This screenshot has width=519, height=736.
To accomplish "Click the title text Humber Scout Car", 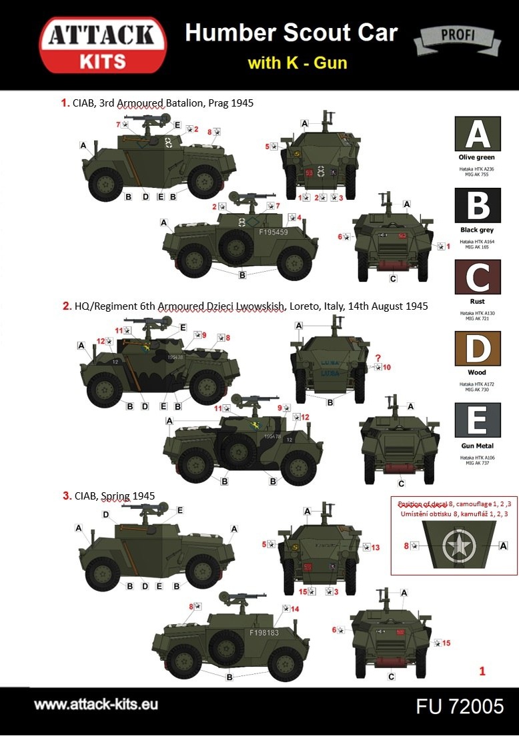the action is coord(291,33).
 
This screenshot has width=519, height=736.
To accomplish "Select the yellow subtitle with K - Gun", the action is coord(297,63).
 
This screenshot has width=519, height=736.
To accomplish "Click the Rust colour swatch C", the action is coord(477,276).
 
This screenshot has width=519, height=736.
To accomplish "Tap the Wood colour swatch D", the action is coord(477,348).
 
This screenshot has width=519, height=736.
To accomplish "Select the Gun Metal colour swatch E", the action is coord(477,420).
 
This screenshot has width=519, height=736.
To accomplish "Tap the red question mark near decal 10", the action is coord(378,356).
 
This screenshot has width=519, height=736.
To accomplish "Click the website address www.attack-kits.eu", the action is coord(96,704).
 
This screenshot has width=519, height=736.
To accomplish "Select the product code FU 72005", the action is coord(460,706).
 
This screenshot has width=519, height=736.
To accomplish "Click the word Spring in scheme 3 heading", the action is coord(115,496).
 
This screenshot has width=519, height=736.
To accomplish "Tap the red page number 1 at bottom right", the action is coord(482,671).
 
